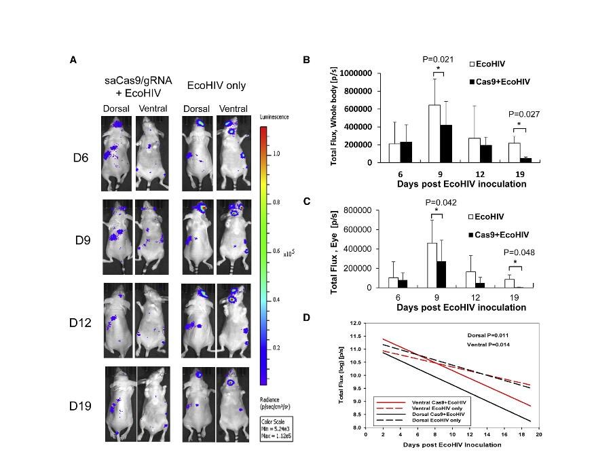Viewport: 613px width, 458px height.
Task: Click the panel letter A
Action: tap(73, 60)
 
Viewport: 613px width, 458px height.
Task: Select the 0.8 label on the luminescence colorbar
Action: tap(276, 202)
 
